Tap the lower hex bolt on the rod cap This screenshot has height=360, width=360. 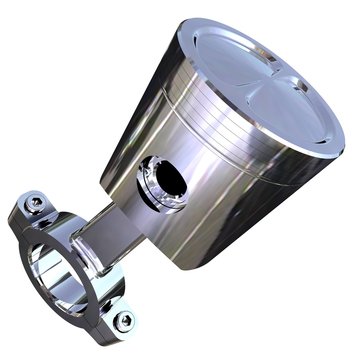click(123, 321)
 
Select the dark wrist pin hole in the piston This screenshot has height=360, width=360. click(168, 181)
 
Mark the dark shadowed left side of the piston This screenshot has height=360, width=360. click(125, 150)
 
